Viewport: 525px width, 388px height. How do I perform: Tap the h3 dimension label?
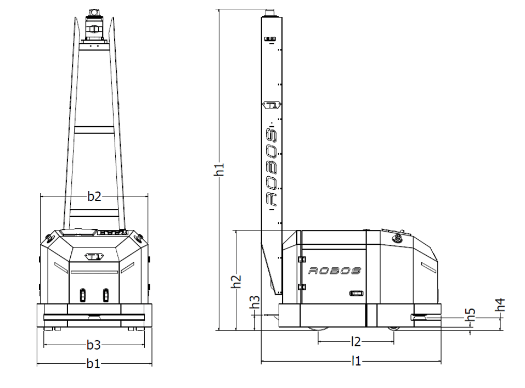point(255,302)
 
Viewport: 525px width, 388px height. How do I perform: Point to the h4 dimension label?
point(500,305)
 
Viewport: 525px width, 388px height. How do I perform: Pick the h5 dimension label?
point(471,315)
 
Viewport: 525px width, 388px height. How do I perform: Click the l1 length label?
point(356,361)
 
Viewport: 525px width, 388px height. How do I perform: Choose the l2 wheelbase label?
point(356,342)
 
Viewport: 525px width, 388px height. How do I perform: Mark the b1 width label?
point(93,363)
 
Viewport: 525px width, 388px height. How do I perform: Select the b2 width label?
point(94,196)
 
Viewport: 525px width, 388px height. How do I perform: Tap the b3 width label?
point(94,345)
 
